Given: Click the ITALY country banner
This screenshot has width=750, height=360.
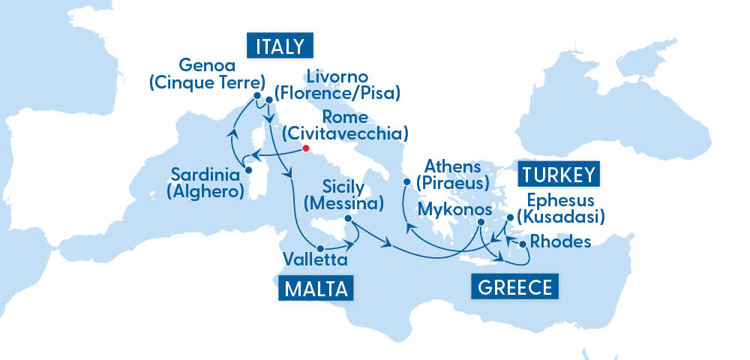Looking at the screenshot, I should (x=280, y=46).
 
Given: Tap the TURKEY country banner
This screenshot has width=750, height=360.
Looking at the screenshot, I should (x=558, y=175).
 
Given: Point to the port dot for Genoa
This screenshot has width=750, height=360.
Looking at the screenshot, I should (x=257, y=96).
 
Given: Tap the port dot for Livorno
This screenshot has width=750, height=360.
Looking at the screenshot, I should (x=268, y=98).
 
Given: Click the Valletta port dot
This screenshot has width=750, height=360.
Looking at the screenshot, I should (x=320, y=247).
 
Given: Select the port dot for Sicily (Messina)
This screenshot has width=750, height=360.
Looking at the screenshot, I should (x=346, y=219).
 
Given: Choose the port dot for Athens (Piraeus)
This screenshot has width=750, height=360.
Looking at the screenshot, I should (x=406, y=181).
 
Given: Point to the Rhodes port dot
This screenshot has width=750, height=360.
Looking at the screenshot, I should (x=522, y=244).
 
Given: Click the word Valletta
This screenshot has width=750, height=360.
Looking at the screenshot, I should (x=315, y=261).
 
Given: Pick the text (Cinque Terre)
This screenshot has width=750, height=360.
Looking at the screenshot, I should (x=208, y=82).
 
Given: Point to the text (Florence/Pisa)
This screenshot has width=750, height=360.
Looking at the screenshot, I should (x=337, y=93).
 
